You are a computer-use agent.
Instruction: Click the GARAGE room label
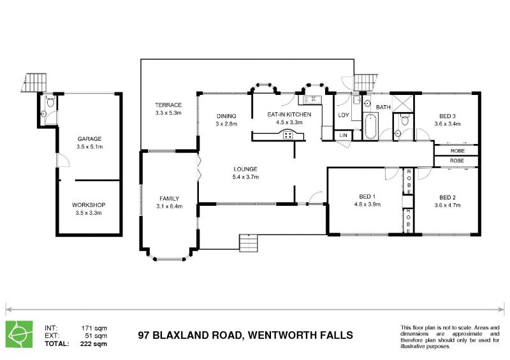[89, 138]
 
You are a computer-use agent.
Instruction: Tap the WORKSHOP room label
[89, 205]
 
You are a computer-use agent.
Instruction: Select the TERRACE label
[168, 105]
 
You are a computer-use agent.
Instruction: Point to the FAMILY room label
[169, 198]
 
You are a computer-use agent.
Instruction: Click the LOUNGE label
[245, 169]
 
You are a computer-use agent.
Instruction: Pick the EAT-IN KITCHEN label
[289, 114]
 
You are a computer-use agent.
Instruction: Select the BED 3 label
[448, 115]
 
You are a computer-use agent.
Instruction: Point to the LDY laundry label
[343, 115]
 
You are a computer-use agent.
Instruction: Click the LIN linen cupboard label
[343, 136]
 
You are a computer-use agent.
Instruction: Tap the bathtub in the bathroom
[370, 126]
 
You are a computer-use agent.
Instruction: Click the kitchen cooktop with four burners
[288, 134]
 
